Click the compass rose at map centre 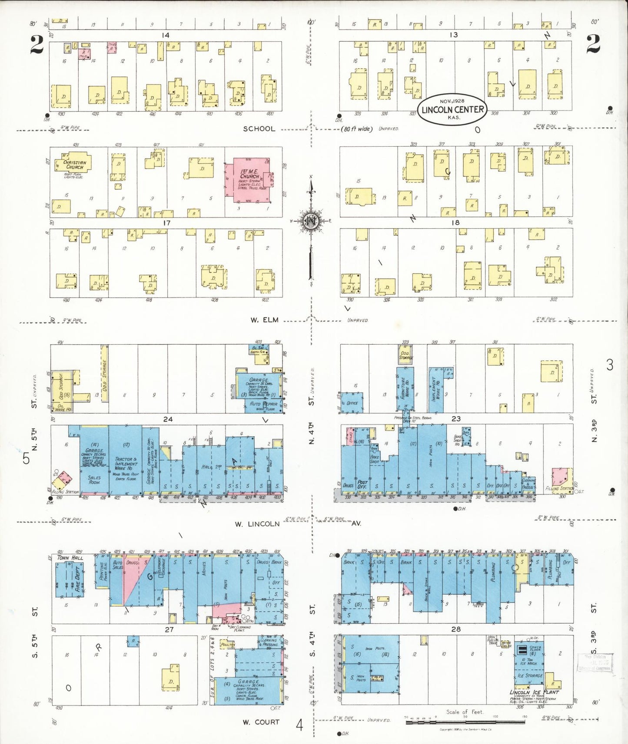click(311, 221)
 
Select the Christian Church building click(74, 164)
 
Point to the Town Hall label click(70, 558)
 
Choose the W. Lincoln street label click(257, 524)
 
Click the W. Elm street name click(264, 320)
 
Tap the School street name click(259, 129)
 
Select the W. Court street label click(261, 722)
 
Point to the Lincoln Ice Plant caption click(534, 692)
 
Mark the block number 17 click(166, 223)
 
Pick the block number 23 click(456, 419)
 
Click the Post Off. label click(362, 484)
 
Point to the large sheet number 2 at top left click(37, 45)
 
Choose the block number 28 click(455, 629)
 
